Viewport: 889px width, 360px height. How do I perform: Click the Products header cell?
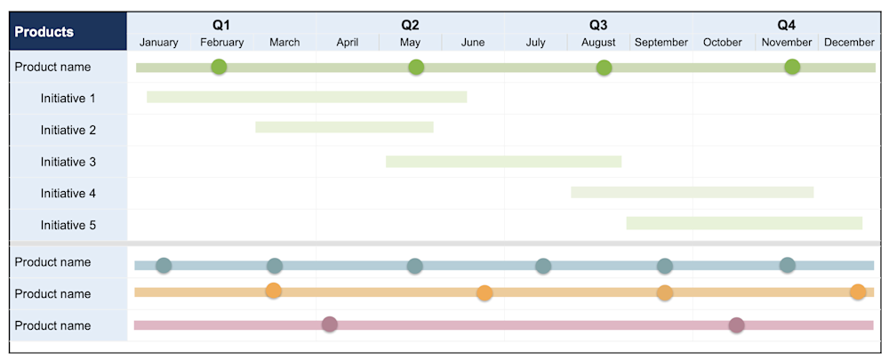pyautogui.click(x=44, y=32)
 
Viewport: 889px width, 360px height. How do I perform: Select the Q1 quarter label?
pyautogui.click(x=221, y=25)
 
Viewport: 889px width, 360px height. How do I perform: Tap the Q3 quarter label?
pyautogui.click(x=598, y=25)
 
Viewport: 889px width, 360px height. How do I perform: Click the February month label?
pyautogui.click(x=221, y=42)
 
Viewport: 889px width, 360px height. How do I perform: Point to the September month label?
pyautogui.click(x=661, y=42)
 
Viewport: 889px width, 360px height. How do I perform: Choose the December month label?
pyautogui.click(x=849, y=42)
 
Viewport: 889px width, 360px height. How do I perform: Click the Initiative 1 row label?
pyautogui.click(x=68, y=99)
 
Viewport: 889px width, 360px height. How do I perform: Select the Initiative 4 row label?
pyautogui.click(x=68, y=194)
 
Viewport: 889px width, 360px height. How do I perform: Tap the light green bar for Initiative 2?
pyautogui.click(x=344, y=127)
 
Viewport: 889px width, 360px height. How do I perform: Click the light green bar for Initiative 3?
pyautogui.click(x=503, y=162)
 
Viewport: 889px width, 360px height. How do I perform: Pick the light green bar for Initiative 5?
pyautogui.click(x=744, y=223)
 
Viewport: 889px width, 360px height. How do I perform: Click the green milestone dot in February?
pyautogui.click(x=219, y=67)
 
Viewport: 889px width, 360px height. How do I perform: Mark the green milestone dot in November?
pyautogui.click(x=792, y=67)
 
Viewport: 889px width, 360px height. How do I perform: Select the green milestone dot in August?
pyautogui.click(x=604, y=68)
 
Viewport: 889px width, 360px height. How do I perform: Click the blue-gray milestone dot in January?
pyautogui.click(x=164, y=265)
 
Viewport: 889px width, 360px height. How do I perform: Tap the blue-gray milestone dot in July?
pyautogui.click(x=543, y=265)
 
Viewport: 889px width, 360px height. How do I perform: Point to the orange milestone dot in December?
pyautogui.click(x=858, y=292)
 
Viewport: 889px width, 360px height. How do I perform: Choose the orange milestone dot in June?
pyautogui.click(x=485, y=292)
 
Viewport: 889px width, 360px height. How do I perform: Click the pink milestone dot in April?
pyautogui.click(x=330, y=324)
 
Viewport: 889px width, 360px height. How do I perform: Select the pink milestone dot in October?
pyautogui.click(x=736, y=324)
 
